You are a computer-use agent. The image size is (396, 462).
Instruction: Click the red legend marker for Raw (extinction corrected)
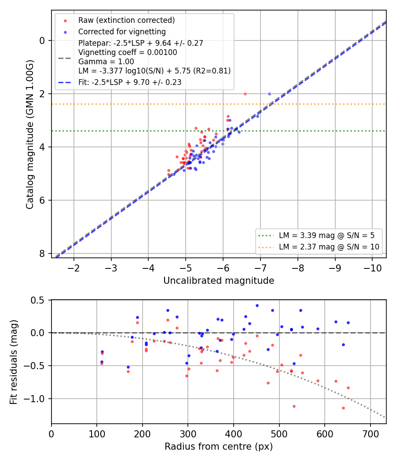66,21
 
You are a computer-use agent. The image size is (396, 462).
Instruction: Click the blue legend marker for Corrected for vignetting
66,32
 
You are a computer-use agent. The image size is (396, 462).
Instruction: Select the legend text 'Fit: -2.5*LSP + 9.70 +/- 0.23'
130,82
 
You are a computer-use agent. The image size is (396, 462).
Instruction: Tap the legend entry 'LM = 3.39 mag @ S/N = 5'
327,235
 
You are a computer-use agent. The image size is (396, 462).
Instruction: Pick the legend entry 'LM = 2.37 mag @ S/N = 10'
329,247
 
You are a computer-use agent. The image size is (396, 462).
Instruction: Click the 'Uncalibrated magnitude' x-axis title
219,281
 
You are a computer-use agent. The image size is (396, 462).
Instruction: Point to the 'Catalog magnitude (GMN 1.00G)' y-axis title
30,135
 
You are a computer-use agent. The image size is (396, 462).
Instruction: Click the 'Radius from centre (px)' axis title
219,447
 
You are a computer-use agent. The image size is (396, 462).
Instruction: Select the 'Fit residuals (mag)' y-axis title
14,362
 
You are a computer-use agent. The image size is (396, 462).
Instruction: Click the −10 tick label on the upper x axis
372,268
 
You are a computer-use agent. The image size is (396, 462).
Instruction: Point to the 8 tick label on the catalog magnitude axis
42,254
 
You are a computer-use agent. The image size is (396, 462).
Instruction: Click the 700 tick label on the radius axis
370,434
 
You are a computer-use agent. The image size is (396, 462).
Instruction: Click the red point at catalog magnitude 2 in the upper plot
245,94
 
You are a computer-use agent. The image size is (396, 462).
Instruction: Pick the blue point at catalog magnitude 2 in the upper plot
269,94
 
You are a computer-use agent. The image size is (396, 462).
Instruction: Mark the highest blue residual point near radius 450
257,306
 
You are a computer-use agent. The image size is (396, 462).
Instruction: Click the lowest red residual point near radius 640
343,408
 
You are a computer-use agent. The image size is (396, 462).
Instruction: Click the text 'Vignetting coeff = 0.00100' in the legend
128,52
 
